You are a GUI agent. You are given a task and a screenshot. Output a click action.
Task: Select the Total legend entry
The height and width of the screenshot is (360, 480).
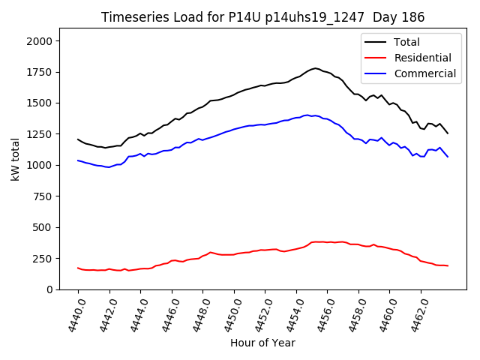(407, 42)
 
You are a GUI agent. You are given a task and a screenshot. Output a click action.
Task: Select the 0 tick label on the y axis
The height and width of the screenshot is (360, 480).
(49, 289)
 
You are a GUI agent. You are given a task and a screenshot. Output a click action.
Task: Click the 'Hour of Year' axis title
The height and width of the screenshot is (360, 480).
(262, 343)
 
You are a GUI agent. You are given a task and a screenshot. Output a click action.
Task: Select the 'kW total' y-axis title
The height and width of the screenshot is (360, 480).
(16, 164)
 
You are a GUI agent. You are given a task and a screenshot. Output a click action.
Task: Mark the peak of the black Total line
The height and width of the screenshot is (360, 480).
(315, 68)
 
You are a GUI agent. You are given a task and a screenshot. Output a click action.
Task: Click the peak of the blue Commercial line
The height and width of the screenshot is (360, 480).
(307, 115)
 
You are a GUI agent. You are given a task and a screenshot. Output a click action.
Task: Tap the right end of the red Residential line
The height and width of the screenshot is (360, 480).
(448, 265)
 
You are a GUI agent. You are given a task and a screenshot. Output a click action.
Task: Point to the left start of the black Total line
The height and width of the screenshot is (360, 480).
(78, 139)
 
